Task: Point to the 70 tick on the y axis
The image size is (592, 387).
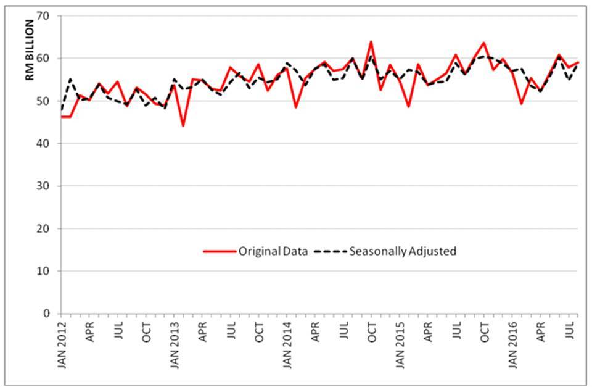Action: (x=49, y=16)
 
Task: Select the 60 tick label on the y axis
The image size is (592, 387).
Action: (x=49, y=59)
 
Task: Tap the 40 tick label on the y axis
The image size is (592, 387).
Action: (x=49, y=143)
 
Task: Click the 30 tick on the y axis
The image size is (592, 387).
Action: (x=49, y=186)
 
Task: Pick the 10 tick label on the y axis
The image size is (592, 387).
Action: (x=49, y=271)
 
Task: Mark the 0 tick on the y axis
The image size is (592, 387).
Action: (x=52, y=314)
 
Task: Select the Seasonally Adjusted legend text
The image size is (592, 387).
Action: (x=403, y=251)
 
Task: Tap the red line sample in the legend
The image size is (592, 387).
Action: (x=220, y=251)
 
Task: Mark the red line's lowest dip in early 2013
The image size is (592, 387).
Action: (x=183, y=126)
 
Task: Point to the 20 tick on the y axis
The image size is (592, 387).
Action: (x=49, y=228)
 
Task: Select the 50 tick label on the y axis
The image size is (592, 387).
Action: (x=49, y=101)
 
